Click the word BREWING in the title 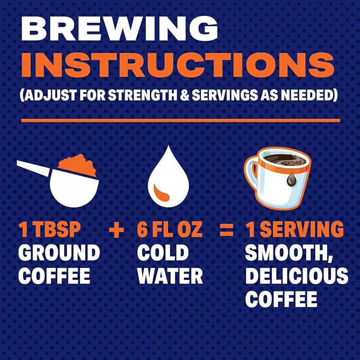[x=119, y=29]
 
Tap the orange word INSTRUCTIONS [x=178, y=65]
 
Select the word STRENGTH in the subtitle [x=143, y=94]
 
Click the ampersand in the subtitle [x=185, y=94]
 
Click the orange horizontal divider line [x=181, y=121]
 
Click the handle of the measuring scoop [x=33, y=168]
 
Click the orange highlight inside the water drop [x=161, y=194]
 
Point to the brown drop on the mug [x=291, y=180]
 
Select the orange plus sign [x=117, y=230]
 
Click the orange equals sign [x=226, y=230]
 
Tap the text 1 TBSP [x=49, y=230]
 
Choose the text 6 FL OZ [x=170, y=230]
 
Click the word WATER [x=170, y=276]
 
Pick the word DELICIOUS [x=296, y=276]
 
